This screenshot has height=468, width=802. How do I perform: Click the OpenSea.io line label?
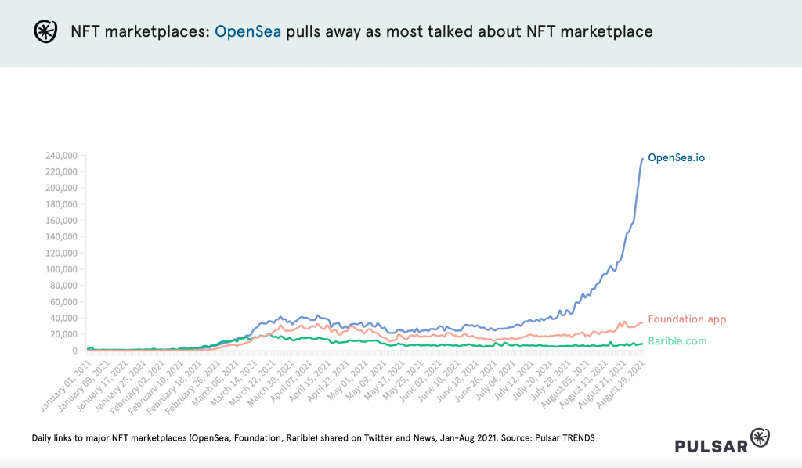click(x=676, y=158)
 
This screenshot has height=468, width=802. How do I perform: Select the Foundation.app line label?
click(x=687, y=319)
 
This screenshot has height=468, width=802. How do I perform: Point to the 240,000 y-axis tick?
click(x=61, y=156)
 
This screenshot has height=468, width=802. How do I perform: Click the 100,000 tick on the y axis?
click(x=61, y=269)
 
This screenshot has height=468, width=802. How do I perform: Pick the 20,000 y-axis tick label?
click(x=63, y=334)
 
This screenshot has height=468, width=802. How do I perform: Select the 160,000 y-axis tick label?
click(x=61, y=221)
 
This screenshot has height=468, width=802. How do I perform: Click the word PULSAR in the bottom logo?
click(x=711, y=445)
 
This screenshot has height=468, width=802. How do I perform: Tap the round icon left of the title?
click(x=45, y=31)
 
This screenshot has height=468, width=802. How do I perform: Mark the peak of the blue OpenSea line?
click(x=643, y=159)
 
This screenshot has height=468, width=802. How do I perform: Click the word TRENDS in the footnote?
click(x=575, y=437)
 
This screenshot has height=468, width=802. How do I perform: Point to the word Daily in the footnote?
click(x=44, y=437)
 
